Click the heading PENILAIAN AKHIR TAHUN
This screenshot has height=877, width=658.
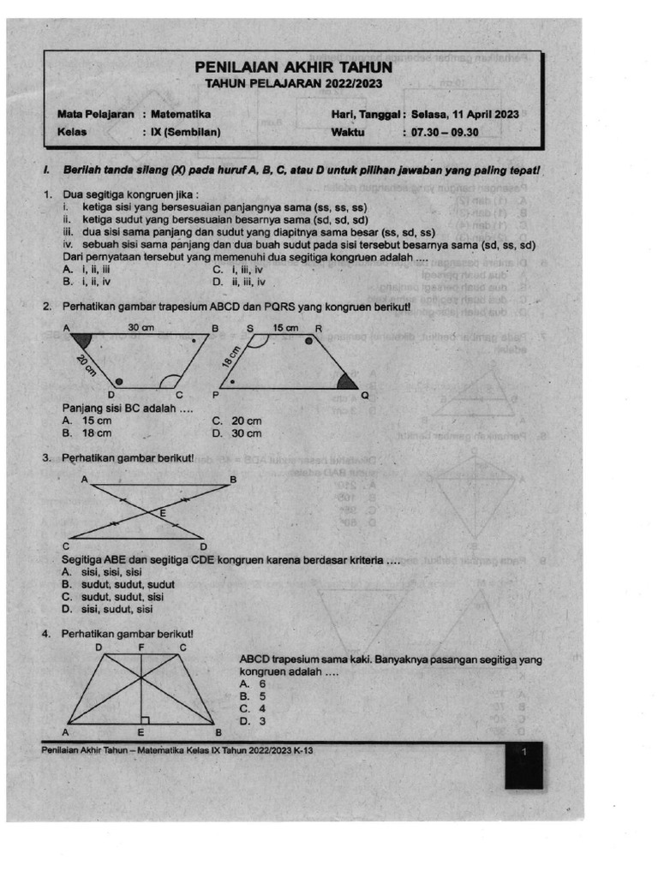pos(294,67)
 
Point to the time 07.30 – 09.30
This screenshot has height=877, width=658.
pos(445,133)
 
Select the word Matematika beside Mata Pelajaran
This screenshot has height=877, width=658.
pos(181,114)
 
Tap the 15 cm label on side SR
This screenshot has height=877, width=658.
pos(286,327)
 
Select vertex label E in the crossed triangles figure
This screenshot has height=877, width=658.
pos(163,513)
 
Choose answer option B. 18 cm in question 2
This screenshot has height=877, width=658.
pos(87,433)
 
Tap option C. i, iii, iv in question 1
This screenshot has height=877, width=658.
pos(239,268)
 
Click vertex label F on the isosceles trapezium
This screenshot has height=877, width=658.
pos(141,647)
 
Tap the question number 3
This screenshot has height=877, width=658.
pos(48,458)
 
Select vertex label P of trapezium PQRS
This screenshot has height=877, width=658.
pos(215,396)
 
